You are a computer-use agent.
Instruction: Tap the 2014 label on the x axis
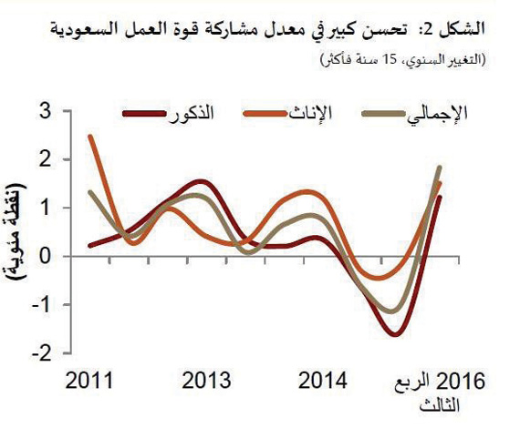(x=324, y=380)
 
